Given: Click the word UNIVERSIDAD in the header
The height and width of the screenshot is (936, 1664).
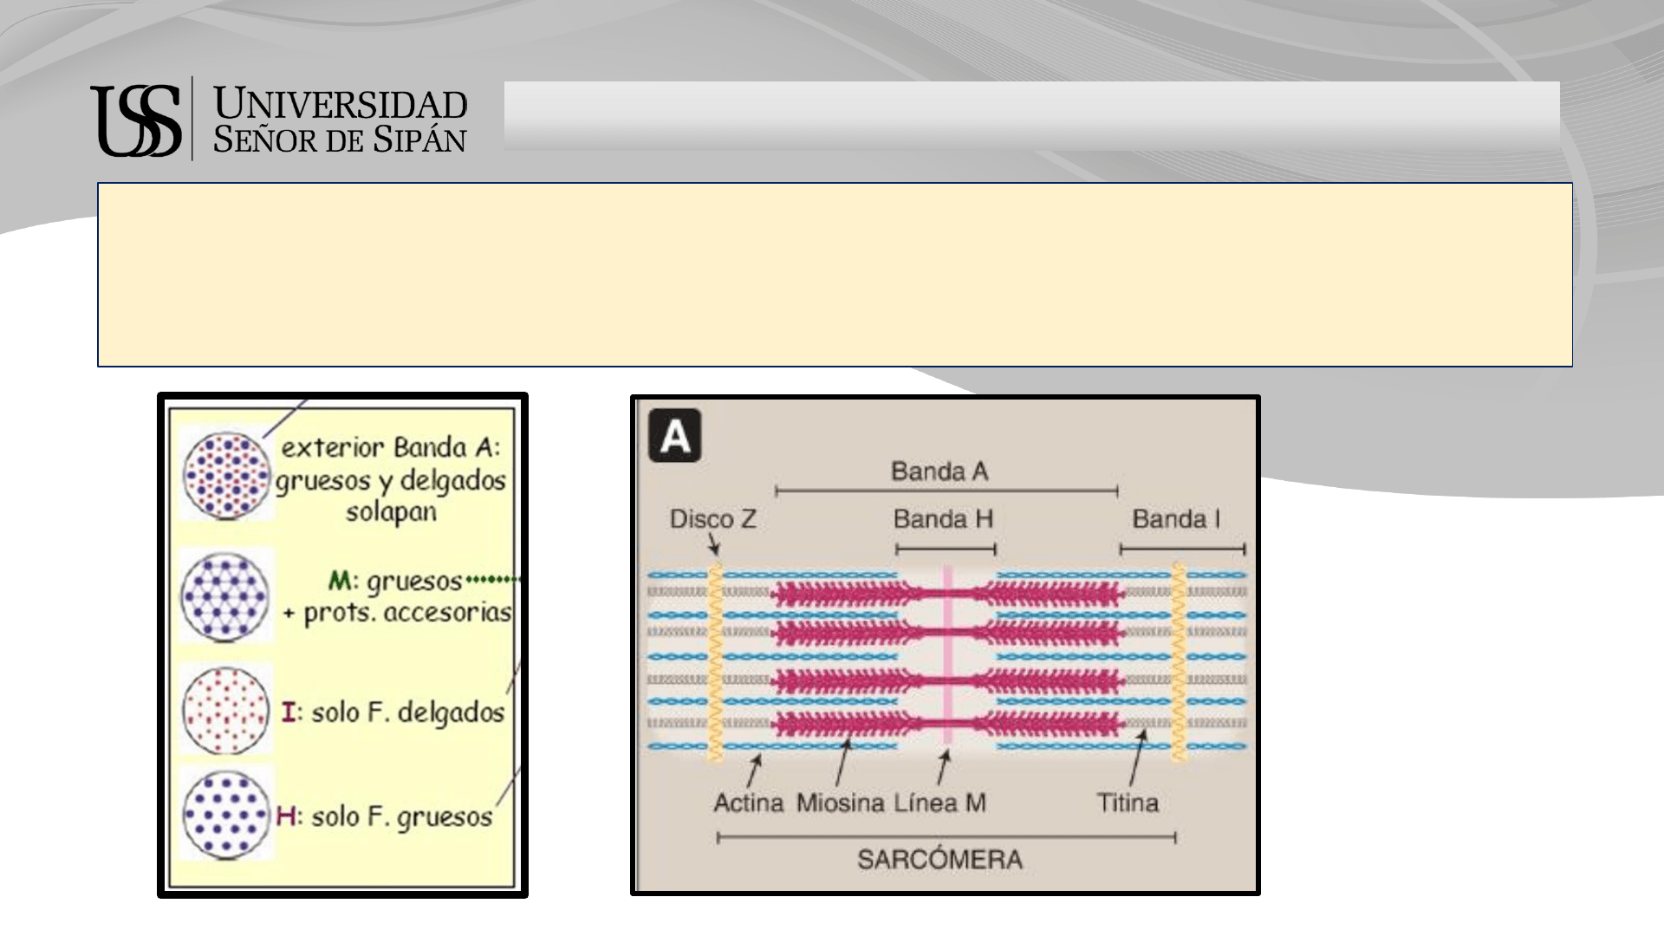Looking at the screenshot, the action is pos(340,105).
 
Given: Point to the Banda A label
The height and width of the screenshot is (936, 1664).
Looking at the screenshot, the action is pos(939,471).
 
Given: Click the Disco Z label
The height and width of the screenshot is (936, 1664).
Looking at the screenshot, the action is pos(713,519).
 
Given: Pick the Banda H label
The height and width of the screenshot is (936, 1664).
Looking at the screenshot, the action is pos(943,519).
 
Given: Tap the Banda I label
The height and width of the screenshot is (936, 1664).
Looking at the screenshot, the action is pos(1176,519).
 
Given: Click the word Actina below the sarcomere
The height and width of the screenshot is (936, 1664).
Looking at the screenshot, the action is pos(749,803).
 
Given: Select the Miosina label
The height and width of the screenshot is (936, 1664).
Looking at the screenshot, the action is pos(841,803).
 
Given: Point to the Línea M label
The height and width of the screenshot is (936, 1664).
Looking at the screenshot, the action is pos(940,803).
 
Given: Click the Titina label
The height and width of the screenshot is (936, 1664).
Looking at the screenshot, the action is pos(1128,803).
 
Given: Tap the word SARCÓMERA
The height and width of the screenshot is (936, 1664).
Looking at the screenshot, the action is pos(939,859).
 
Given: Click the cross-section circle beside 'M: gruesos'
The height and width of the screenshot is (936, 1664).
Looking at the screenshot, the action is pos(225,595).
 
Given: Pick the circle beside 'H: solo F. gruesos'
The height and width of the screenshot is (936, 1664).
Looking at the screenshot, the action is pos(225,815).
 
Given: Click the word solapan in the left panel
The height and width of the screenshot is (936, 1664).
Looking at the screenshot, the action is pos(391,512).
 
